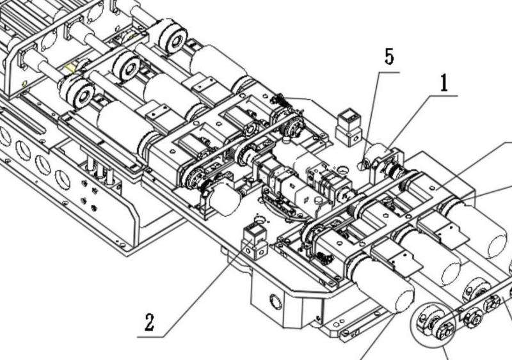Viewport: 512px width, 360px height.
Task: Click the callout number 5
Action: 389,56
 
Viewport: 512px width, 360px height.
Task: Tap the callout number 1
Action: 444,82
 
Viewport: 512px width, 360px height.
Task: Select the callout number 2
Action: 149,322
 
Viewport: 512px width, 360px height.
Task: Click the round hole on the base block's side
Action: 276,302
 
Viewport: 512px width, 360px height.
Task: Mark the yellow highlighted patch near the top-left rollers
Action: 70,68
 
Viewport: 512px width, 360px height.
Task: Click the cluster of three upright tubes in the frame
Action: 100,169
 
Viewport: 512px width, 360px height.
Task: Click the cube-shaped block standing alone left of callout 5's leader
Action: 349,127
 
